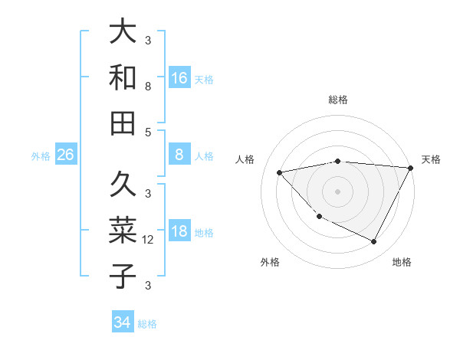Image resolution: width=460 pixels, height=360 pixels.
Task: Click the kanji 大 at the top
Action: tap(123, 31)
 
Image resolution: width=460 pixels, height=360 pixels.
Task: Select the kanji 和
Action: tap(123, 77)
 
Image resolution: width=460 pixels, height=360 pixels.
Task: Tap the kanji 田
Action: tap(123, 123)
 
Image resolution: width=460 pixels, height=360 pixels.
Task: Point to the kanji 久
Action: tap(123, 184)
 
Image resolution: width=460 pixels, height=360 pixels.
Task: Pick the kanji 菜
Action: tap(123, 230)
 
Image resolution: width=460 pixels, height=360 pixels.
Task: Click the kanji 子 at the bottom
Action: tap(123, 276)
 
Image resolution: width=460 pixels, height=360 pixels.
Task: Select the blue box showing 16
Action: tap(179, 78)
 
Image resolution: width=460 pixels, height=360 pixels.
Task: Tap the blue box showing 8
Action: tap(179, 155)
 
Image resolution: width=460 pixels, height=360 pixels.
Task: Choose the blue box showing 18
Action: tap(179, 231)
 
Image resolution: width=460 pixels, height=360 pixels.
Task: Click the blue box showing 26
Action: tap(65, 155)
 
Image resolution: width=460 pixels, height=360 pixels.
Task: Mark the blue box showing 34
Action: tap(122, 322)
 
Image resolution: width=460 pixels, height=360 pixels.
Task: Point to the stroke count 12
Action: tap(149, 240)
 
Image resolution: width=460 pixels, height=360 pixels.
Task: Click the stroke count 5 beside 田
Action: tap(148, 132)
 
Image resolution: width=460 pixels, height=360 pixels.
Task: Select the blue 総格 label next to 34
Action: tap(147, 324)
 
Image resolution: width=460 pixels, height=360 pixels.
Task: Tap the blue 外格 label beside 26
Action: tap(41, 156)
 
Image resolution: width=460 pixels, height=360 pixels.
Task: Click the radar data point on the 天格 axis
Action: tap(411, 168)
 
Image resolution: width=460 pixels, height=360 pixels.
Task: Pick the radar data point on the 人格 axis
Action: tap(279, 172)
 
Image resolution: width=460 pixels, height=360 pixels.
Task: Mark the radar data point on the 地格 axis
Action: tap(374, 242)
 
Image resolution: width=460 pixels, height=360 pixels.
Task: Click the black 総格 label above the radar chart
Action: tap(338, 100)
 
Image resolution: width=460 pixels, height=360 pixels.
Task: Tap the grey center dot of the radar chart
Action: tap(338, 191)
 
